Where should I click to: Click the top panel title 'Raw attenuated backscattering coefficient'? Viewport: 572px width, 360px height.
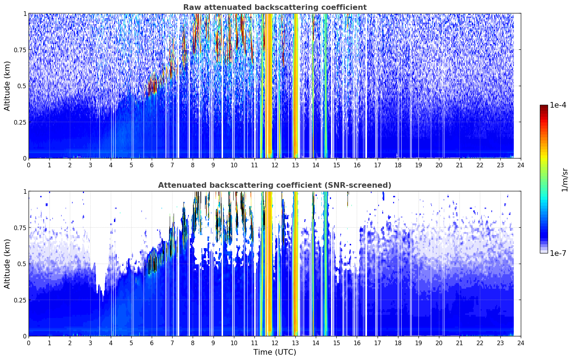click(275, 7)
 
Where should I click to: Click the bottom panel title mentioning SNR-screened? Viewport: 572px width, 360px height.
click(275, 185)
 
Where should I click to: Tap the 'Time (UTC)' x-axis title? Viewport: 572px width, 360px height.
click(275, 352)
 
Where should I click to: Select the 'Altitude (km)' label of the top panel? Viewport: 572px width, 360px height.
click(7, 86)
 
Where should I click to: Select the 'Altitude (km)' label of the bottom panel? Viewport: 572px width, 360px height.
click(7, 264)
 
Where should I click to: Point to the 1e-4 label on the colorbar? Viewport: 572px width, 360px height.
click(558, 105)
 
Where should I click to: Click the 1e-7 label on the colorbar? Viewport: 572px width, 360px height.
click(558, 253)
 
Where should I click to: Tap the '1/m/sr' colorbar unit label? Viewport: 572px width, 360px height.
click(565, 180)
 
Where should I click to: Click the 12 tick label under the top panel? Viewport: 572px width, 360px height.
click(275, 165)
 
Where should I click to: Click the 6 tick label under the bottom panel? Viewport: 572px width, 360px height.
click(152, 343)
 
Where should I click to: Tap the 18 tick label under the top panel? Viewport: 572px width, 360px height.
click(398, 165)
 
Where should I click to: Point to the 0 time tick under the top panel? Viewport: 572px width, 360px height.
click(29, 165)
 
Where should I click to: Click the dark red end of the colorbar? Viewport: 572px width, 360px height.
click(544, 107)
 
